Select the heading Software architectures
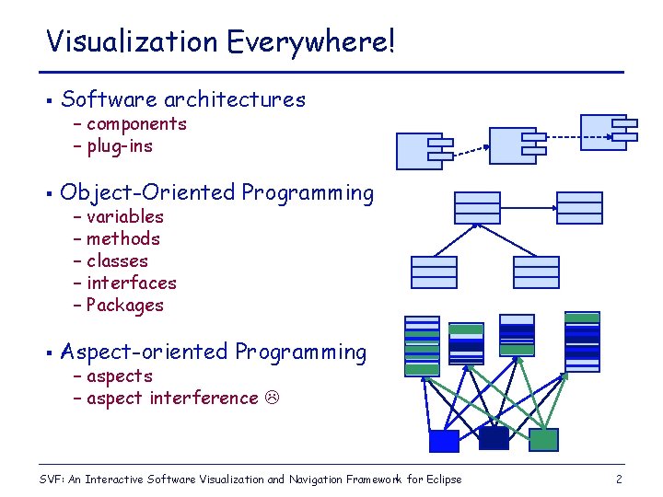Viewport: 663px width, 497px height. (x=182, y=99)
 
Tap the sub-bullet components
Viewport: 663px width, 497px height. (x=136, y=124)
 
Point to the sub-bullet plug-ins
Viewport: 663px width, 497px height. (x=120, y=146)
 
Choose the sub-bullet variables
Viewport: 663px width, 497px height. (x=124, y=217)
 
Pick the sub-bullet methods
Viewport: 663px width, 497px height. (x=123, y=239)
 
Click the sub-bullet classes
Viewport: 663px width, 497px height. (x=117, y=261)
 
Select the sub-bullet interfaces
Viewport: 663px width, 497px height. (x=131, y=283)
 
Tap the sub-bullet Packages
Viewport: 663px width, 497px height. (x=124, y=306)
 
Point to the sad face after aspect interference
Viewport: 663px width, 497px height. (x=273, y=399)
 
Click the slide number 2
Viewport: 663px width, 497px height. (x=619, y=480)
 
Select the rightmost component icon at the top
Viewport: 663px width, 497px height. (x=607, y=131)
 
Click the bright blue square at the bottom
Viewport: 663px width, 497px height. (x=444, y=441)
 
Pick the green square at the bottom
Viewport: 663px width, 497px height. (x=543, y=440)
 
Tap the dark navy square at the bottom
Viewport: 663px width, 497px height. (x=494, y=437)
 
